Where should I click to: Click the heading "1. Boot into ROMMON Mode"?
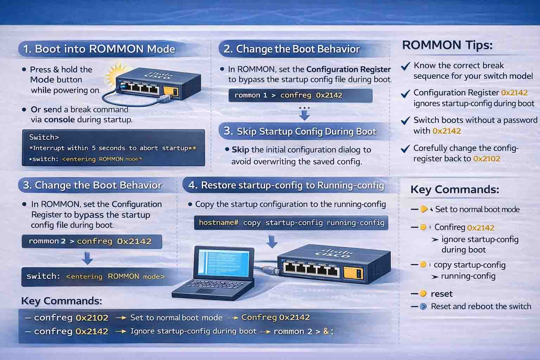pyautogui.click(x=99, y=49)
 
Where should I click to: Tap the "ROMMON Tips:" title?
pyautogui.click(x=447, y=45)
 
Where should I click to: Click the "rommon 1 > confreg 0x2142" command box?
pyautogui.click(x=300, y=96)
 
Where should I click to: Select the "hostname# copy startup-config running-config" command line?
pyautogui.click(x=291, y=223)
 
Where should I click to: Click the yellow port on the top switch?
pyautogui.click(x=171, y=91)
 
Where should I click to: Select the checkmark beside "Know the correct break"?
pyautogui.click(x=405, y=66)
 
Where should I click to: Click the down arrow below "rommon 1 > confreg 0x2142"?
pyautogui.click(x=304, y=115)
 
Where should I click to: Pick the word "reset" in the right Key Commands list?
pyautogui.click(x=442, y=294)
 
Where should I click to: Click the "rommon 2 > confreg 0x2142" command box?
pyautogui.click(x=92, y=242)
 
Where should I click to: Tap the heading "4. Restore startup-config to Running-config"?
pyautogui.click(x=286, y=185)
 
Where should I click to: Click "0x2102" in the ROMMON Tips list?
pyautogui.click(x=487, y=159)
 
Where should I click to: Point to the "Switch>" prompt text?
pyautogui.click(x=44, y=137)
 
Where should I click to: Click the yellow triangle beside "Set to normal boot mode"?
pyautogui.click(x=424, y=209)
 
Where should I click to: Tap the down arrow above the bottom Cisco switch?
pyautogui.click(x=272, y=242)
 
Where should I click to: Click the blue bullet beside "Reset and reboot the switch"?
pyautogui.click(x=423, y=307)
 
